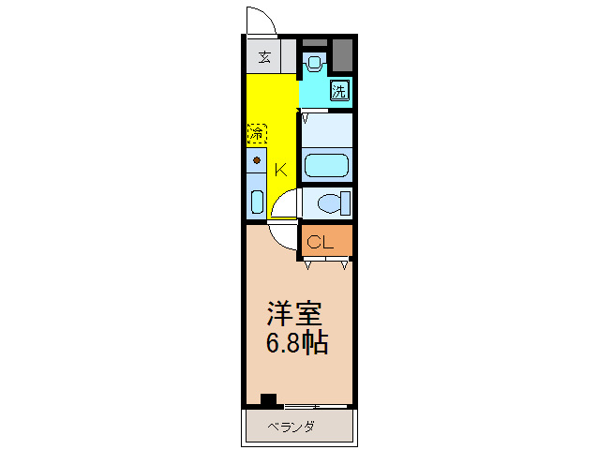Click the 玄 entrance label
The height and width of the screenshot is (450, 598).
tap(264, 57)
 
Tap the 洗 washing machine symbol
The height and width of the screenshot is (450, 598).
tap(340, 91)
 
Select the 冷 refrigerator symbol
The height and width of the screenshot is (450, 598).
tap(257, 134)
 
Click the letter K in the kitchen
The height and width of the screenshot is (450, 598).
tap(280, 170)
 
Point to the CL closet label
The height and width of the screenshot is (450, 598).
tap(321, 242)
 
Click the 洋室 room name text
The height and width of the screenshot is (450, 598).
tap(293, 311)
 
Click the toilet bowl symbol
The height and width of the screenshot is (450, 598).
tap(330, 202)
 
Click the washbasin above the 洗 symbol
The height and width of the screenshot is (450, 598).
tap(314, 65)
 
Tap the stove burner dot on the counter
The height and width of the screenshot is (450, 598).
tap(256, 160)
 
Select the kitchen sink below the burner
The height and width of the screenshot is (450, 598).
tap(257, 201)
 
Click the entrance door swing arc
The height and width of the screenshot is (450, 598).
tap(257, 19)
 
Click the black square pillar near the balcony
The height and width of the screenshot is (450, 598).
tap(269, 399)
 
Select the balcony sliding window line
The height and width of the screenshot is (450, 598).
tap(317, 407)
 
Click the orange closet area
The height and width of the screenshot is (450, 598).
tap(326, 241)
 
